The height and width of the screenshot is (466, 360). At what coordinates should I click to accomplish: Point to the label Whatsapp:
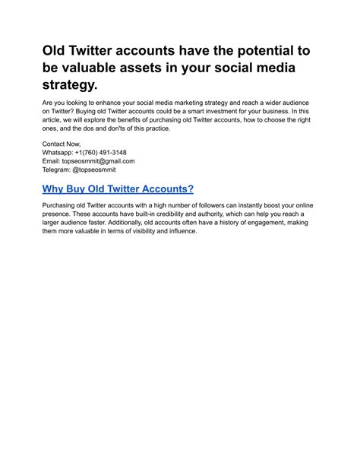61,152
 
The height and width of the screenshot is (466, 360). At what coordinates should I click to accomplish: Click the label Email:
52,161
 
